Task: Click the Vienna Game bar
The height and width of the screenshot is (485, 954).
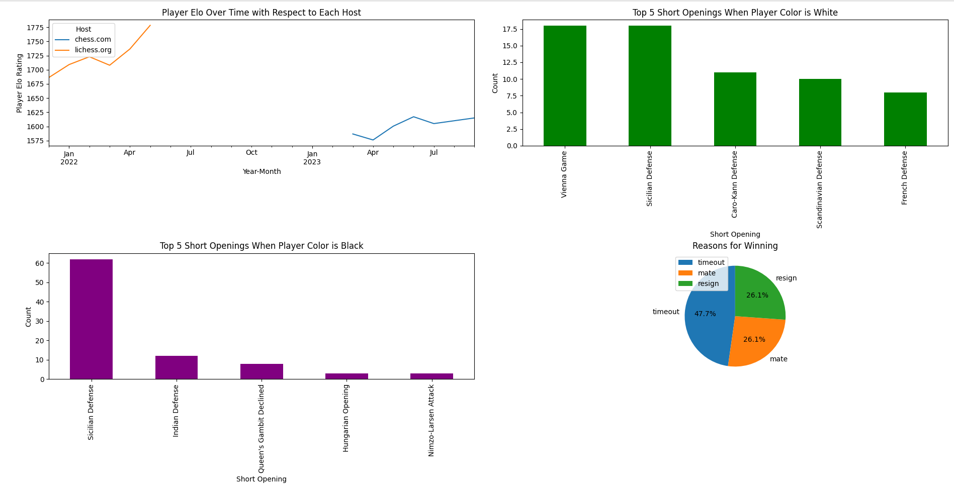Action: [x=564, y=85]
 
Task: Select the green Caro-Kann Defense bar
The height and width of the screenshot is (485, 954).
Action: [x=735, y=109]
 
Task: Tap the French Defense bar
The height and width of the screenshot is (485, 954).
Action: [x=905, y=119]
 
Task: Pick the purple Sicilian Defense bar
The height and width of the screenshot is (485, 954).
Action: [x=91, y=319]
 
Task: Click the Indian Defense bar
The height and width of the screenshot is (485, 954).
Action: [x=176, y=367]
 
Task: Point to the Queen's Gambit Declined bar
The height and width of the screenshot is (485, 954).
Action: [x=262, y=371]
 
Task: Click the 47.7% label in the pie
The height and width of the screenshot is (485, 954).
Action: [x=705, y=314]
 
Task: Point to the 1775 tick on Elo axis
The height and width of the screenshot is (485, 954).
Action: [x=35, y=28]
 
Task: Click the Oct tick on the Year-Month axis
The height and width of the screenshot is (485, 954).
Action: [x=251, y=152]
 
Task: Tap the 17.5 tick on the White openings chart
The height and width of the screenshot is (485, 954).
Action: [x=510, y=29]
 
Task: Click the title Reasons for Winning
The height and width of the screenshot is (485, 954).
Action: [x=735, y=246]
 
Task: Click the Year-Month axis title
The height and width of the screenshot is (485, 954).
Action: [x=262, y=171]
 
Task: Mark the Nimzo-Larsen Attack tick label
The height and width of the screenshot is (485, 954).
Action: [x=431, y=420]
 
